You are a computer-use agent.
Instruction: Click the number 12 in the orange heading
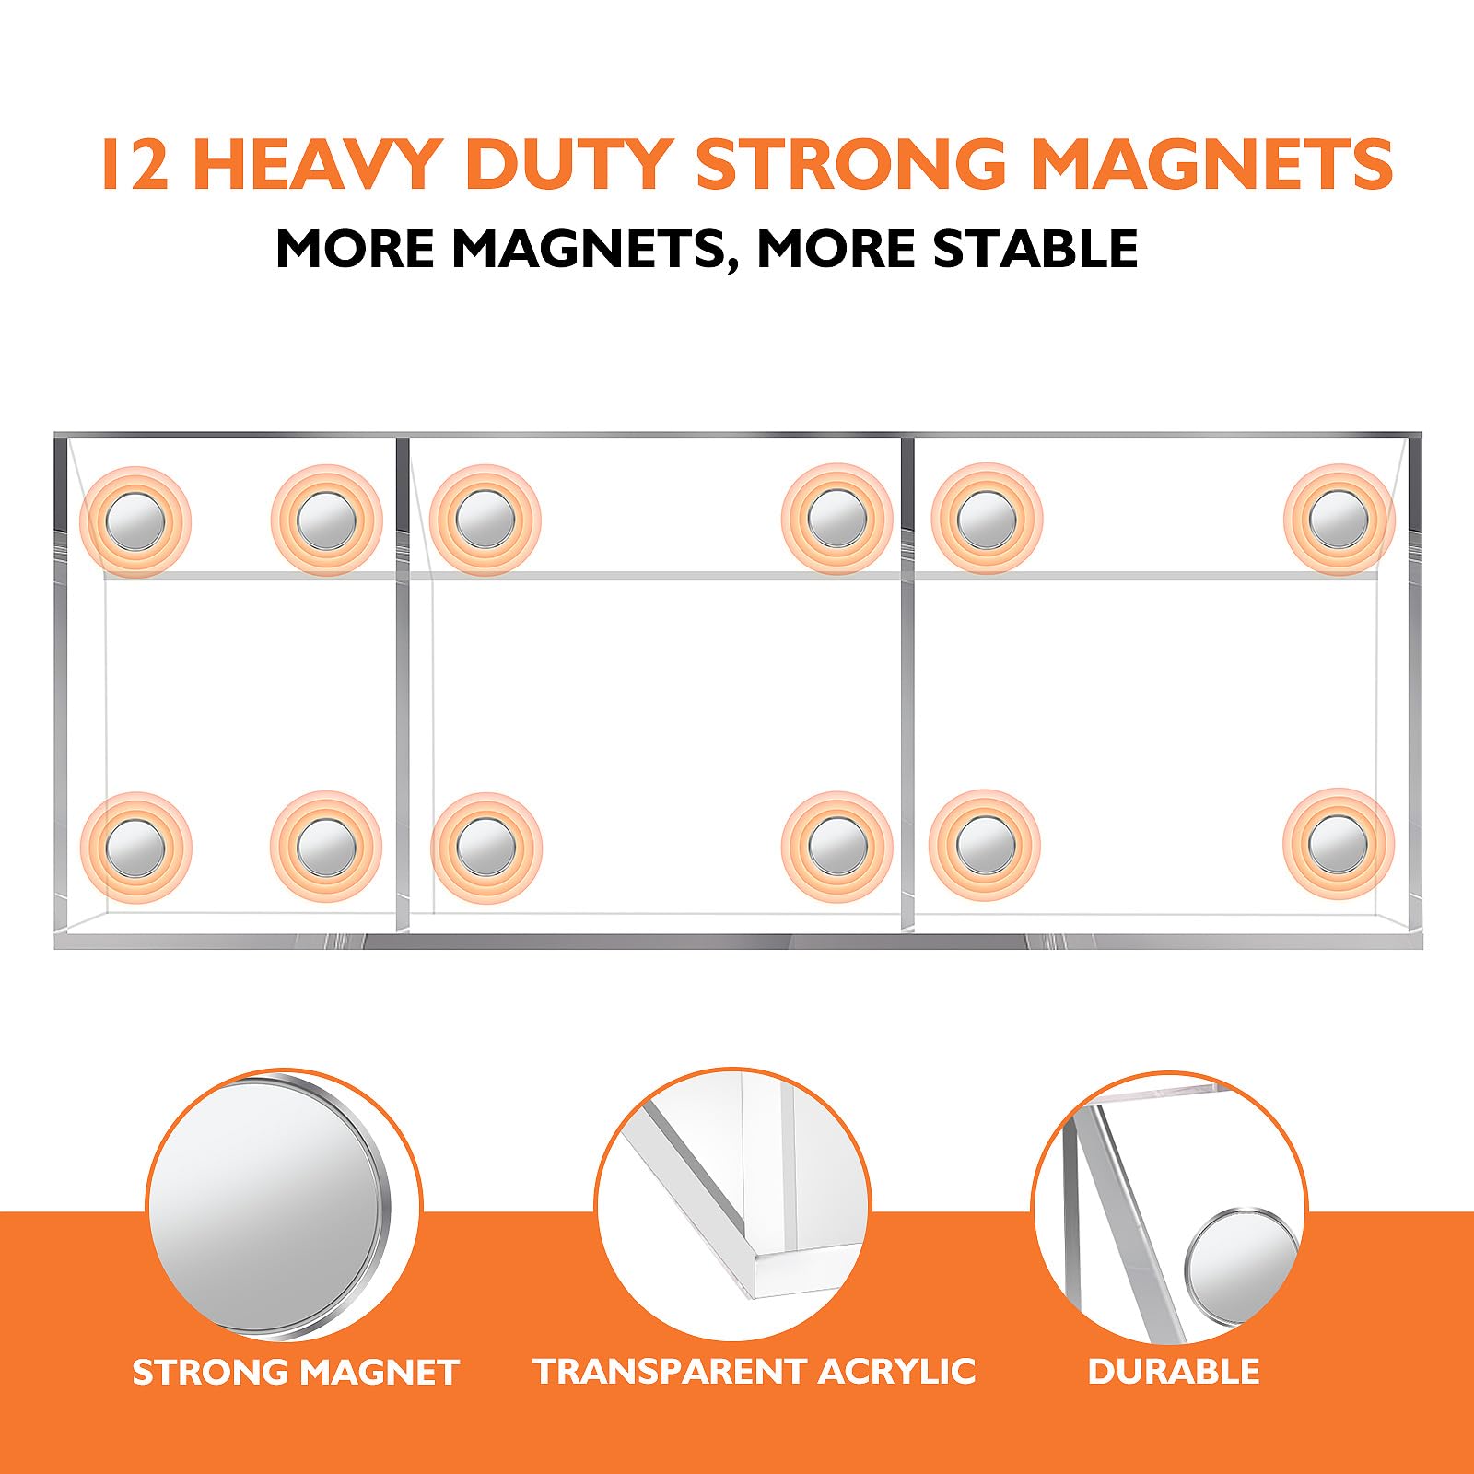pos(135,164)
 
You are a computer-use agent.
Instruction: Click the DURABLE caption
pos(1174,1371)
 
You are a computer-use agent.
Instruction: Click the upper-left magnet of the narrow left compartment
pos(135,521)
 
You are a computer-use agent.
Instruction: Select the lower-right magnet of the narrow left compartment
pos(325,847)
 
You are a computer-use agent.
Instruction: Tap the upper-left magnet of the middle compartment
pos(485,520)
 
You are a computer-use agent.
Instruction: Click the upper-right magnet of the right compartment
pos(1339,520)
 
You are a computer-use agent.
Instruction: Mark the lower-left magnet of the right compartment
pos(985,845)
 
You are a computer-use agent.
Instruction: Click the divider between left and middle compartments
pos(403,684)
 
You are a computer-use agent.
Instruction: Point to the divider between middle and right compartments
pos(907,684)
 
